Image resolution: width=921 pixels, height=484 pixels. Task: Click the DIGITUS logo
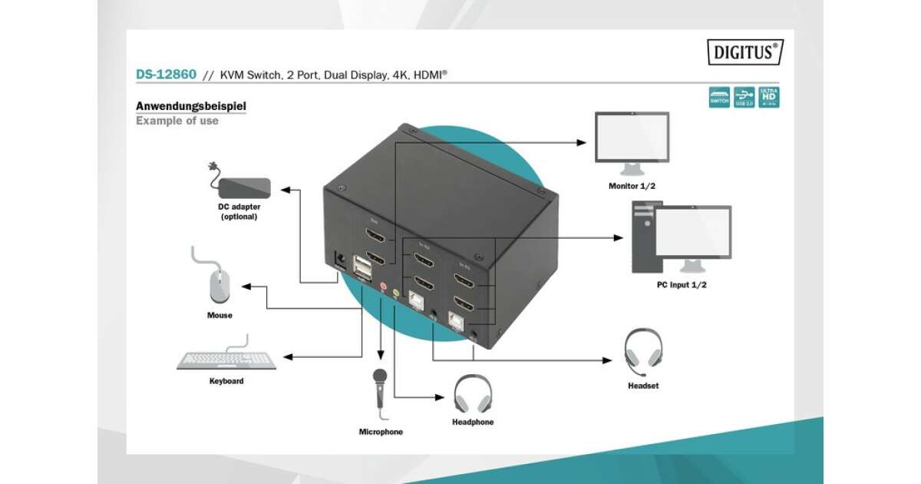click(x=744, y=52)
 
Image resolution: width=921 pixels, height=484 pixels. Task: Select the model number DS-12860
click(x=167, y=75)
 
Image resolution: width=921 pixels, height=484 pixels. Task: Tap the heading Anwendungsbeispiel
click(x=191, y=106)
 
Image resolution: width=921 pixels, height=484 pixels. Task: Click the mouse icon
click(x=219, y=287)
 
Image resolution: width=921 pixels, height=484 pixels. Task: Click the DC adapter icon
click(x=244, y=186)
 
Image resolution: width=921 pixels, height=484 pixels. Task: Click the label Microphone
click(x=381, y=432)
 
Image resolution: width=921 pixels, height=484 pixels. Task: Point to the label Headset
click(x=643, y=386)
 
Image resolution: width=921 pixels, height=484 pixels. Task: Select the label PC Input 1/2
click(x=682, y=285)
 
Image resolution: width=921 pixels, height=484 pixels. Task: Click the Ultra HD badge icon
click(x=768, y=97)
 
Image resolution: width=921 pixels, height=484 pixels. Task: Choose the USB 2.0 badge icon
click(x=744, y=97)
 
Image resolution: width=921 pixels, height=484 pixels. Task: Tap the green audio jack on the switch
click(x=397, y=293)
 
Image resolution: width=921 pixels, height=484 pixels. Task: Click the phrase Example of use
click(x=177, y=121)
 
